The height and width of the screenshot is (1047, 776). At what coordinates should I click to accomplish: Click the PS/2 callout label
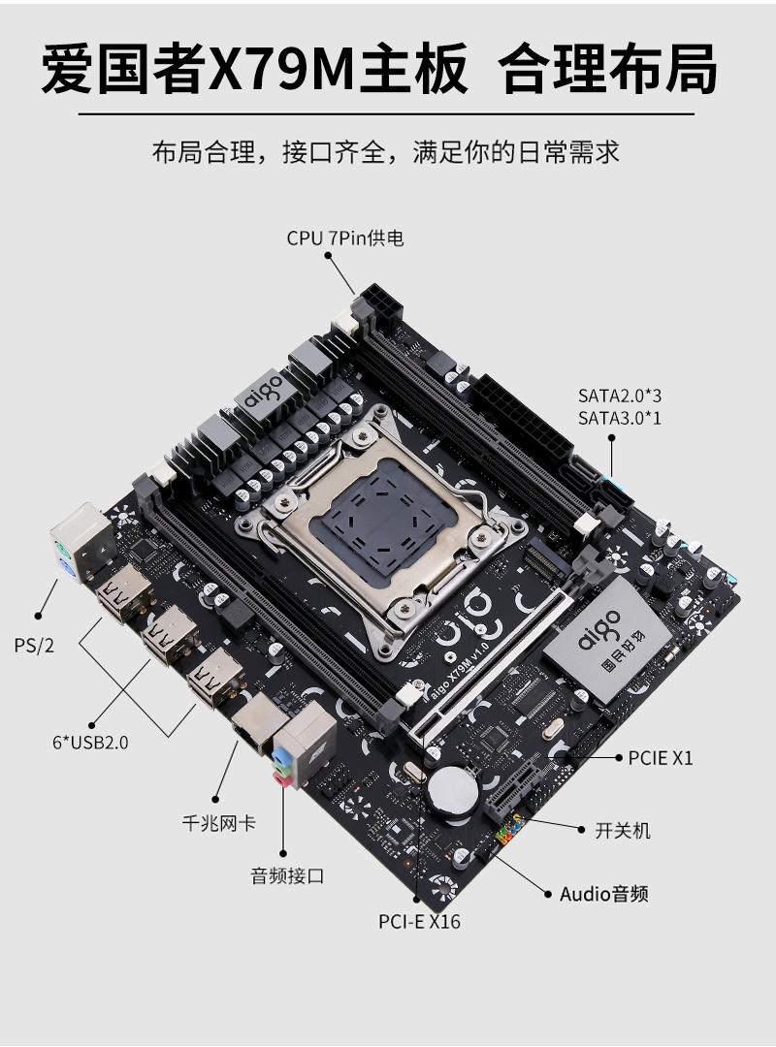coord(34,645)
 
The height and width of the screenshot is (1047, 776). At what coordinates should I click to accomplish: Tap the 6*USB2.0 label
coord(90,742)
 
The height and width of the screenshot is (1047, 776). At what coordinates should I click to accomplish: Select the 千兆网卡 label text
coord(219,823)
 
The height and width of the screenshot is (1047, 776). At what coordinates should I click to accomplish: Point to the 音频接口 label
coord(287,875)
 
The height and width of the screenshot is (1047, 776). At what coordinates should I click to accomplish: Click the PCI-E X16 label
coord(419,922)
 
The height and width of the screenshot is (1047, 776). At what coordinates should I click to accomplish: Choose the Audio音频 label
coord(603,894)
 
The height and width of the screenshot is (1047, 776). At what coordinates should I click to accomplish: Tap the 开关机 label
coord(623,831)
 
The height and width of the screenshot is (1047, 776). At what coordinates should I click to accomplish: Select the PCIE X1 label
coord(661,758)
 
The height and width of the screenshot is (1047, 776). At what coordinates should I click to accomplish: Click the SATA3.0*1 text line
coord(620,418)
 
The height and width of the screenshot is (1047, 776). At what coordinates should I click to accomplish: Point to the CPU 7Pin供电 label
coord(345,238)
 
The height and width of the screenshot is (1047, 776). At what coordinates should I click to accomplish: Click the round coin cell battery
coord(452,790)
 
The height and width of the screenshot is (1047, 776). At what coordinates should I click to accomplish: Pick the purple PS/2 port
coord(67,570)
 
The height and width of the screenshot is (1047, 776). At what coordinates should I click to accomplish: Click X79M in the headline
coord(280,69)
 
